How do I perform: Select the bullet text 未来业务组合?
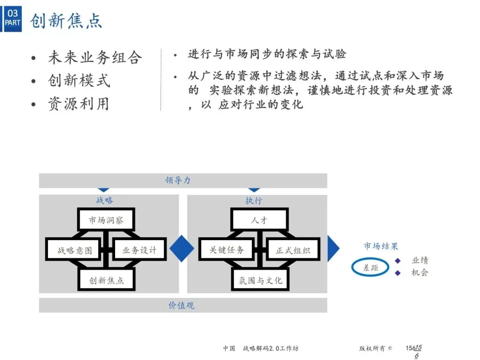click(x=95, y=57)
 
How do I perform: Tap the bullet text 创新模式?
click(x=79, y=80)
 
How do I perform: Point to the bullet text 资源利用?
click(x=79, y=104)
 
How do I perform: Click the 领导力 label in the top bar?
click(x=178, y=180)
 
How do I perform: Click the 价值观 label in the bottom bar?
click(x=181, y=306)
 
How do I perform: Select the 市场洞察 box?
click(x=106, y=220)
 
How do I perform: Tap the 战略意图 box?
click(x=75, y=250)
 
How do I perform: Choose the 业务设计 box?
click(x=140, y=250)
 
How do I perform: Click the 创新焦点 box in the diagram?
click(x=107, y=280)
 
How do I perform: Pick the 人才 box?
click(x=260, y=220)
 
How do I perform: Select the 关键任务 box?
click(x=227, y=250)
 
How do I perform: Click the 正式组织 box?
click(x=292, y=250)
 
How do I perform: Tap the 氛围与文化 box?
click(x=260, y=280)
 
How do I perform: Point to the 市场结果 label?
click(x=381, y=246)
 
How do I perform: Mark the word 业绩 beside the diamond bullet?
click(x=420, y=260)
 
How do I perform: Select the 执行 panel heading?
click(x=254, y=201)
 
